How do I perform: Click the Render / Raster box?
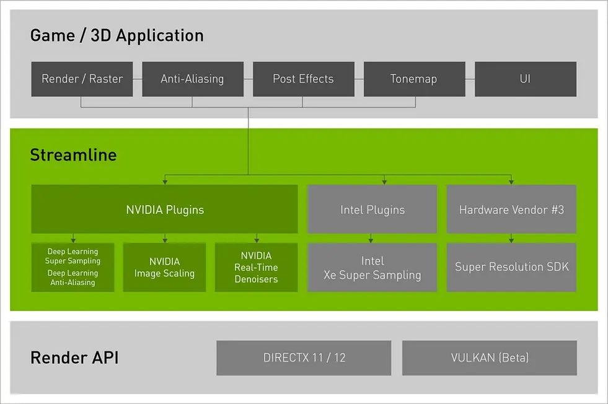tap(82, 79)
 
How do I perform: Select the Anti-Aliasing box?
tap(192, 79)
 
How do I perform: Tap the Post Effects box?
tap(303, 79)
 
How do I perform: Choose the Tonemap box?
tap(413, 79)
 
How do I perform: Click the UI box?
tap(525, 79)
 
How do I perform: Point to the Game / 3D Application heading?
tap(117, 35)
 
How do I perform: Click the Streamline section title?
tap(73, 154)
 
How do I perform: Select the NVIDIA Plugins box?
tap(164, 209)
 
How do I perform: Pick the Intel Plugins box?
tap(372, 209)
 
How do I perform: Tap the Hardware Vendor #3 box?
tap(511, 209)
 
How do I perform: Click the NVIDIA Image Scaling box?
tap(164, 267)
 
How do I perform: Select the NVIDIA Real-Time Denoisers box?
tap(256, 267)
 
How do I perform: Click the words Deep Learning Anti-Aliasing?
tap(73, 278)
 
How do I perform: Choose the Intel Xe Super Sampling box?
tap(372, 267)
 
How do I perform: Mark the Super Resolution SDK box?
tap(511, 267)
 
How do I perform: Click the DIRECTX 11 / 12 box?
tap(303, 358)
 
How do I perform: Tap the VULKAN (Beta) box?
tap(489, 358)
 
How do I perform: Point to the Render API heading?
tap(74, 358)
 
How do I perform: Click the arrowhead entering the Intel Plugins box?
tap(384, 182)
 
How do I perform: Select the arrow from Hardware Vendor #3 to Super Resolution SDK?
tap(511, 238)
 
